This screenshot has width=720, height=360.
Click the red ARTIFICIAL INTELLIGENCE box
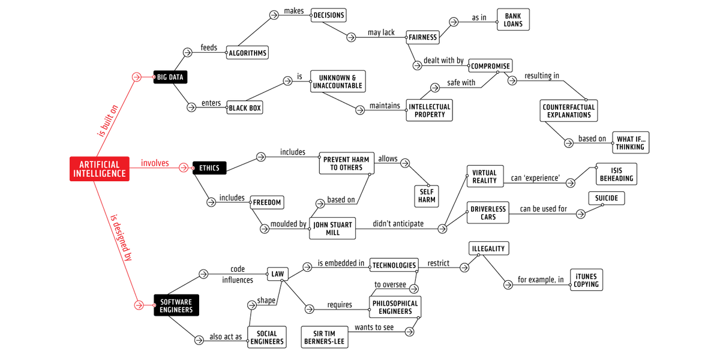pyautogui.click(x=100, y=169)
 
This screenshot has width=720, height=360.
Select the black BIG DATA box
pyautogui.click(x=170, y=77)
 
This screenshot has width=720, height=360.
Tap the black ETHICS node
pyautogui.click(x=209, y=168)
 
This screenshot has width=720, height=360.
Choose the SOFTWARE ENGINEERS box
pyautogui.click(x=176, y=305)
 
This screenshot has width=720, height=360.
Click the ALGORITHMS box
pyautogui.click(x=247, y=53)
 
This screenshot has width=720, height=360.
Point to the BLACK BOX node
pyautogui.click(x=245, y=108)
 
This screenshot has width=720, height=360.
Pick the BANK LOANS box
pyautogui.click(x=513, y=20)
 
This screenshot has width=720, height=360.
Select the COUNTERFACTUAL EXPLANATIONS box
pyautogui.click(x=568, y=111)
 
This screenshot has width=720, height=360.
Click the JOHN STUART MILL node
pyautogui.click(x=332, y=229)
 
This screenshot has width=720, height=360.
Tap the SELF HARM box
pyautogui.click(x=427, y=196)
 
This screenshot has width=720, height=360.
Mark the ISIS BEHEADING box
pyautogui.click(x=616, y=175)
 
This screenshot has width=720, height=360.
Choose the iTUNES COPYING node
pyautogui.click(x=586, y=280)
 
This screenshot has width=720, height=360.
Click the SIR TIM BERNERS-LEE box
pyautogui.click(x=325, y=337)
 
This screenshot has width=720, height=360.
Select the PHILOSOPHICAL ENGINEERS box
pyautogui.click(x=395, y=307)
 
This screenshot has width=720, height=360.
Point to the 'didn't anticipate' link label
pyautogui.click(x=398, y=224)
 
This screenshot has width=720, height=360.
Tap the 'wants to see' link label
pyautogui.click(x=375, y=328)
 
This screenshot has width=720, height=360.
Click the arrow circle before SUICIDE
pyautogui.click(x=580, y=214)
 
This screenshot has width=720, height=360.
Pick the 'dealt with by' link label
pyautogui.click(x=443, y=61)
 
